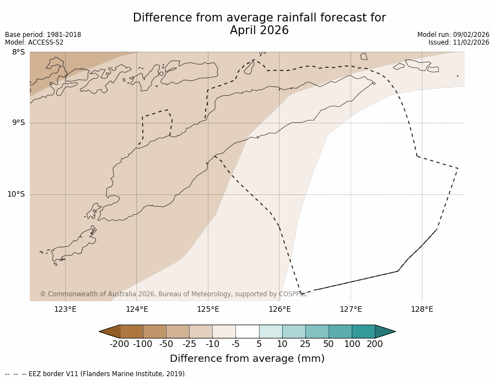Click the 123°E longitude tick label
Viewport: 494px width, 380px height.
pyautogui.click(x=65, y=309)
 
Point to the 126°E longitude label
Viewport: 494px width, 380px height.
pyautogui.click(x=280, y=309)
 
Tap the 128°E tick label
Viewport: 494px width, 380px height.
pyautogui.click(x=422, y=309)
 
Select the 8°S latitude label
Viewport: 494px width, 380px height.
pyautogui.click(x=18, y=52)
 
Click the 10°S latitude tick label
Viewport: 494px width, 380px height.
pyautogui.click(x=16, y=194)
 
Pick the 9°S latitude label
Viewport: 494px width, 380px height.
pyautogui.click(x=18, y=123)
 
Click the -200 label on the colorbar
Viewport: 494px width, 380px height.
pyautogui.click(x=119, y=344)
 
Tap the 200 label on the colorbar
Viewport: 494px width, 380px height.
pyautogui.click(x=375, y=344)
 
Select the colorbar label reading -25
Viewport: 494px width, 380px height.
pyautogui.click(x=189, y=344)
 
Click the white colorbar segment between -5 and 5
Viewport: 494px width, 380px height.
pyautogui.click(x=247, y=332)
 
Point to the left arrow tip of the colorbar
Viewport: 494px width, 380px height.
pyautogui.click(x=101, y=332)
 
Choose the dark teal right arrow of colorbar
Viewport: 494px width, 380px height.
pyautogui.click(x=385, y=332)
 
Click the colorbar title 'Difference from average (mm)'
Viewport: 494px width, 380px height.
pyautogui.click(x=247, y=359)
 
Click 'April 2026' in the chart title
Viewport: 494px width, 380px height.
pyautogui.click(x=259, y=31)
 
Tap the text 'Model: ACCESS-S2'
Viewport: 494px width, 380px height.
pyautogui.click(x=34, y=42)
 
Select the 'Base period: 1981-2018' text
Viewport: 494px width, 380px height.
pyautogui.click(x=43, y=35)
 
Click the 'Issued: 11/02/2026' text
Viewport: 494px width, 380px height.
pyautogui.click(x=459, y=42)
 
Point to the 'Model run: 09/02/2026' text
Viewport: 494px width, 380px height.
pyautogui.click(x=453, y=35)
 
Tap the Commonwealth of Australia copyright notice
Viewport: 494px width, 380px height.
pyautogui.click(x=173, y=294)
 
